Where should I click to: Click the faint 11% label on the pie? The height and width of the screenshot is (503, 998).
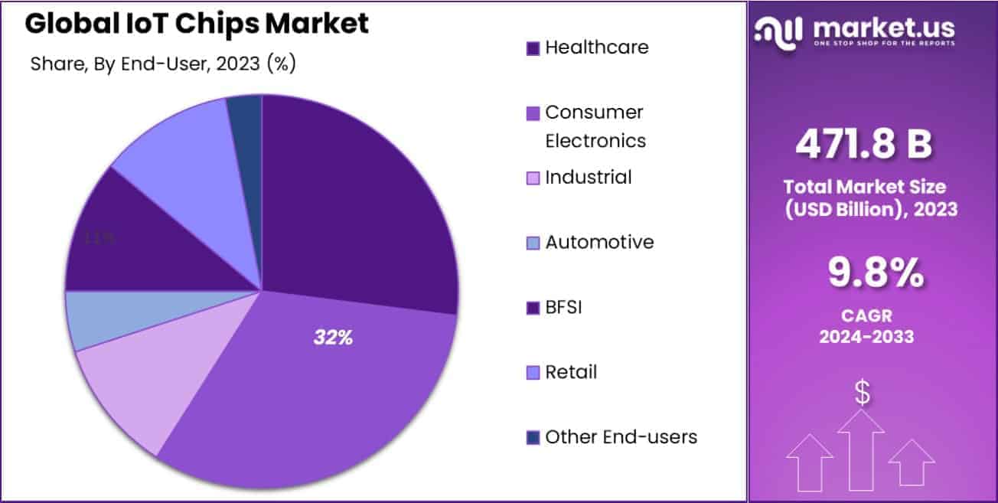tap(100, 238)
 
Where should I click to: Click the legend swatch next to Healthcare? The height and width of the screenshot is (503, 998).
tap(533, 48)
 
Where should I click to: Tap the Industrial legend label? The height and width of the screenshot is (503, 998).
tap(588, 178)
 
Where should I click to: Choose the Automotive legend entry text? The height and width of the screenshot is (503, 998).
tap(599, 243)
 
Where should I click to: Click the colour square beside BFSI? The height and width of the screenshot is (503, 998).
tap(533, 309)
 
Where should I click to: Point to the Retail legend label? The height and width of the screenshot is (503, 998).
tap(571, 373)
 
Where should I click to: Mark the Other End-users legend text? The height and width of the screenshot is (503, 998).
tap(621, 437)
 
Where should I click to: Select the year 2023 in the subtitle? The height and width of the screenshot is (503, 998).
tap(238, 64)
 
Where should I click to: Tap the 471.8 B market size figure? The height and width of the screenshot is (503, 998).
tap(863, 144)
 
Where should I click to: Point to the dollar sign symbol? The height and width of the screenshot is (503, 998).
tap(862, 394)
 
